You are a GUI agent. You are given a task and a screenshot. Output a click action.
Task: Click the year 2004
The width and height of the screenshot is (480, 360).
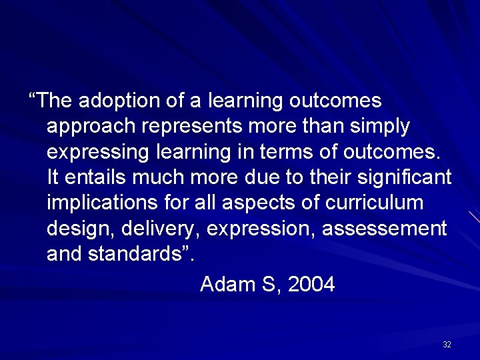(x=312, y=285)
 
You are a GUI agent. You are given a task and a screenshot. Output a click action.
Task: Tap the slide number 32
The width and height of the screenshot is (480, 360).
(x=447, y=345)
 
